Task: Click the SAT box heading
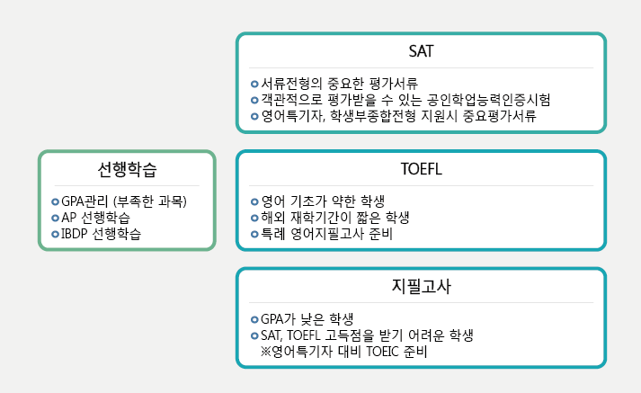421,51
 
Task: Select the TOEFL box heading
421,169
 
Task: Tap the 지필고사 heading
421,286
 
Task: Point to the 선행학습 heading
127,169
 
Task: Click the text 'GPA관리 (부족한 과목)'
124,201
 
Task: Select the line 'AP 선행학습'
95,218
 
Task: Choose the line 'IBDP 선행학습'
101,234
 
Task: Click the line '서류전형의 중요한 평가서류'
339,84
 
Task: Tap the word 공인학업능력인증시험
488,100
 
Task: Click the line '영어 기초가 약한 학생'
323,201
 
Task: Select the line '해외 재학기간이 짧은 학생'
334,218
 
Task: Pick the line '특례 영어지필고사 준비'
326,234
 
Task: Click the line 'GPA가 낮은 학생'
307,319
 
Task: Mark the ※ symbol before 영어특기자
266,352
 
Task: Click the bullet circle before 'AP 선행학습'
55,218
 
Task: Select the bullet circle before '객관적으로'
254,100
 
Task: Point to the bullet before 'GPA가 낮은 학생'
254,319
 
